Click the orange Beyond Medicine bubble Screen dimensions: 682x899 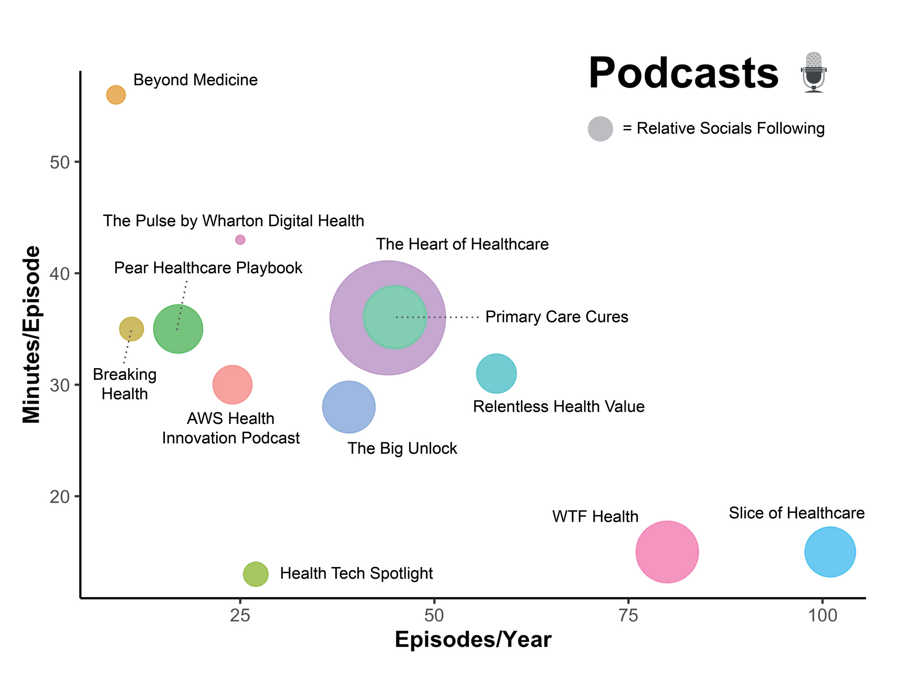click(116, 95)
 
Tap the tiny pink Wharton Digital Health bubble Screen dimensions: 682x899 click(240, 240)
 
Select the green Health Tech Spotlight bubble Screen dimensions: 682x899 click(256, 574)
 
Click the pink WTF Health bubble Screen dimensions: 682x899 click(667, 552)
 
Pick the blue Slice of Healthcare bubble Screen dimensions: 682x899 click(830, 552)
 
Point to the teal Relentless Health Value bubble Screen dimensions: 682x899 click(496, 374)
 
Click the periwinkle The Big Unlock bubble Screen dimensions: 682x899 click(349, 407)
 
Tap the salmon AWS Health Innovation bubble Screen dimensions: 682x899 click(232, 385)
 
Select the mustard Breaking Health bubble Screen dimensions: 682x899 click(131, 329)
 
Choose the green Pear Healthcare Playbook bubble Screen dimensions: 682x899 click(178, 329)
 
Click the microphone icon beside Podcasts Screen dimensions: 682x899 click(814, 72)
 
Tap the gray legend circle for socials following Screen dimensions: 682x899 click(600, 129)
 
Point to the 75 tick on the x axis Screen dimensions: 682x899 click(628, 616)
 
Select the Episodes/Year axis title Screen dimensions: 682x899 click(473, 640)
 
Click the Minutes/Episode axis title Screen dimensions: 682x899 click(31, 334)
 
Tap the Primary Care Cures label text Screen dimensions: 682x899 click(556, 317)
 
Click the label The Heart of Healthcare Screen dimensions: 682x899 click(462, 244)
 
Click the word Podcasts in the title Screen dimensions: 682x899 click(683, 73)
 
